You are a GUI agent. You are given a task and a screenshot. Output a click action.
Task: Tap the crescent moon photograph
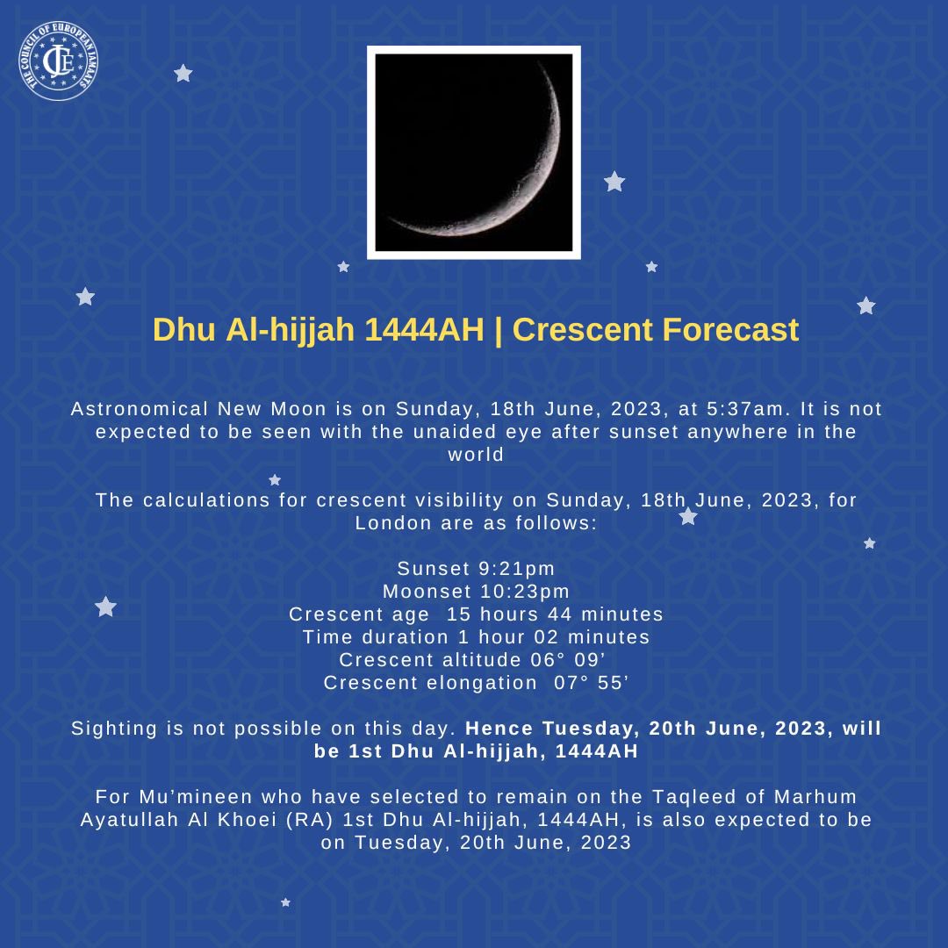pos(473,153)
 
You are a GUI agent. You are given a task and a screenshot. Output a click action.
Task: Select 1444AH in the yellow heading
pos(424,330)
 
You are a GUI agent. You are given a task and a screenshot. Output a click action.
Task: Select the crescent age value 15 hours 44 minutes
pos(555,614)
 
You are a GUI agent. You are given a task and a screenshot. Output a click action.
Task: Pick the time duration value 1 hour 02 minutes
pos(554,637)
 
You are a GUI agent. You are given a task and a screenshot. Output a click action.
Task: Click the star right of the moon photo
pos(614,182)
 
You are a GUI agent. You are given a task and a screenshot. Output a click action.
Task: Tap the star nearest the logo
pos(183,73)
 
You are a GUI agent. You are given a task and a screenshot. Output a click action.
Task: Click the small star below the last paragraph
pos(285,902)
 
